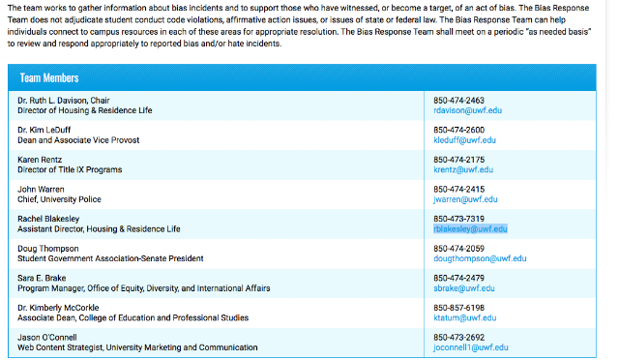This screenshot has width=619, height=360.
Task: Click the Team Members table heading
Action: [x=49, y=77]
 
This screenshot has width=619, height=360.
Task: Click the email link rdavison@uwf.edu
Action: [x=468, y=110]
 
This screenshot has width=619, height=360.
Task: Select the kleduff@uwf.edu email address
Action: [x=464, y=140]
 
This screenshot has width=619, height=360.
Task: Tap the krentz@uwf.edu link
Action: [x=463, y=170]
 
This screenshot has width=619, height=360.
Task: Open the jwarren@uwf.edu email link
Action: [x=465, y=199]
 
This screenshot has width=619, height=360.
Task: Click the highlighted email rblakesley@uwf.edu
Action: [x=471, y=229]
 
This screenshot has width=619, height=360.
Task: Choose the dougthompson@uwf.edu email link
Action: [x=480, y=258]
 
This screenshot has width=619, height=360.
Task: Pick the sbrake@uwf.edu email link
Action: [x=464, y=288]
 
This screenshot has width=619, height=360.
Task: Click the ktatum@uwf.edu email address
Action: [x=465, y=318]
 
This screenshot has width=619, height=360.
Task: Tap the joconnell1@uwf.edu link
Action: [x=471, y=347]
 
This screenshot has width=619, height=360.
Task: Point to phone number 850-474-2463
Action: [x=458, y=101]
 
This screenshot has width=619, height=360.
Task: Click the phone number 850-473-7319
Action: [x=458, y=219]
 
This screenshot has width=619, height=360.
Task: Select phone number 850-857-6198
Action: [x=458, y=308]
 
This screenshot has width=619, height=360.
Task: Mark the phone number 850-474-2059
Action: [x=458, y=249]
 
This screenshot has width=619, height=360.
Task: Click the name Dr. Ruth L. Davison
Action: [x=51, y=101]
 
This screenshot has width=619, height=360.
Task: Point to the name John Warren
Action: [x=41, y=190]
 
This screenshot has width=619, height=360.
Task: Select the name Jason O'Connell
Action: [x=47, y=338]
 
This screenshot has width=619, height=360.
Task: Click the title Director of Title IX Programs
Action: [x=70, y=170]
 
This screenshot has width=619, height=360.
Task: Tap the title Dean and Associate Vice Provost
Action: [x=78, y=140]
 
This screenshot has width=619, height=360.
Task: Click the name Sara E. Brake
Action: [x=42, y=278]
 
